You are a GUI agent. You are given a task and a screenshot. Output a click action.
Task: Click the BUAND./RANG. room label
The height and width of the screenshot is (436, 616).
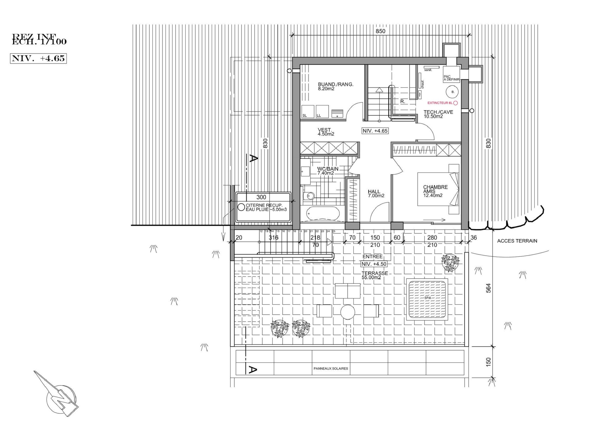335,86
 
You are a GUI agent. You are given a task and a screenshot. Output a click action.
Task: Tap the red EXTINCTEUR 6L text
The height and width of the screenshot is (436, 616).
440,103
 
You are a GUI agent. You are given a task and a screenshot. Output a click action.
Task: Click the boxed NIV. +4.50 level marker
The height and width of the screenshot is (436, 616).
374,264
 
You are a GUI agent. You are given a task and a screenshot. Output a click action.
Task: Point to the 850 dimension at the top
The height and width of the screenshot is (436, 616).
380,31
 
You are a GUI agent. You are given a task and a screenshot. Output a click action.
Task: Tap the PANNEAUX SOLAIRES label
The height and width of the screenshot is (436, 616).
331,369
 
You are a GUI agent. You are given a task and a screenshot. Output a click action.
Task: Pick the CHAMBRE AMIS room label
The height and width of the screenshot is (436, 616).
435,191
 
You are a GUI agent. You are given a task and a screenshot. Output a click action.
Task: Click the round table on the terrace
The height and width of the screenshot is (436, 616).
348,312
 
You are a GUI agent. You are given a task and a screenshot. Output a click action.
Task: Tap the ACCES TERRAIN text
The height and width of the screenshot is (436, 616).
517,241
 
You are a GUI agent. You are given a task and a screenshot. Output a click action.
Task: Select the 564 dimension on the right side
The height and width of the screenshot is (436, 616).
488,288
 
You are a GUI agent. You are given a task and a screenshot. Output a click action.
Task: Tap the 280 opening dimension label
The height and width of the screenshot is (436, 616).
432,238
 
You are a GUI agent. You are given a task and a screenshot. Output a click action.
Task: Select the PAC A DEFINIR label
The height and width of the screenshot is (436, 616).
451,78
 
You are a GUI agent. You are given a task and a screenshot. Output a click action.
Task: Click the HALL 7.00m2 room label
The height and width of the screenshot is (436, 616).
376,193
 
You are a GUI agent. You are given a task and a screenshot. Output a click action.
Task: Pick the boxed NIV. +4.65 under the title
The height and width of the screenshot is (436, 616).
38,58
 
